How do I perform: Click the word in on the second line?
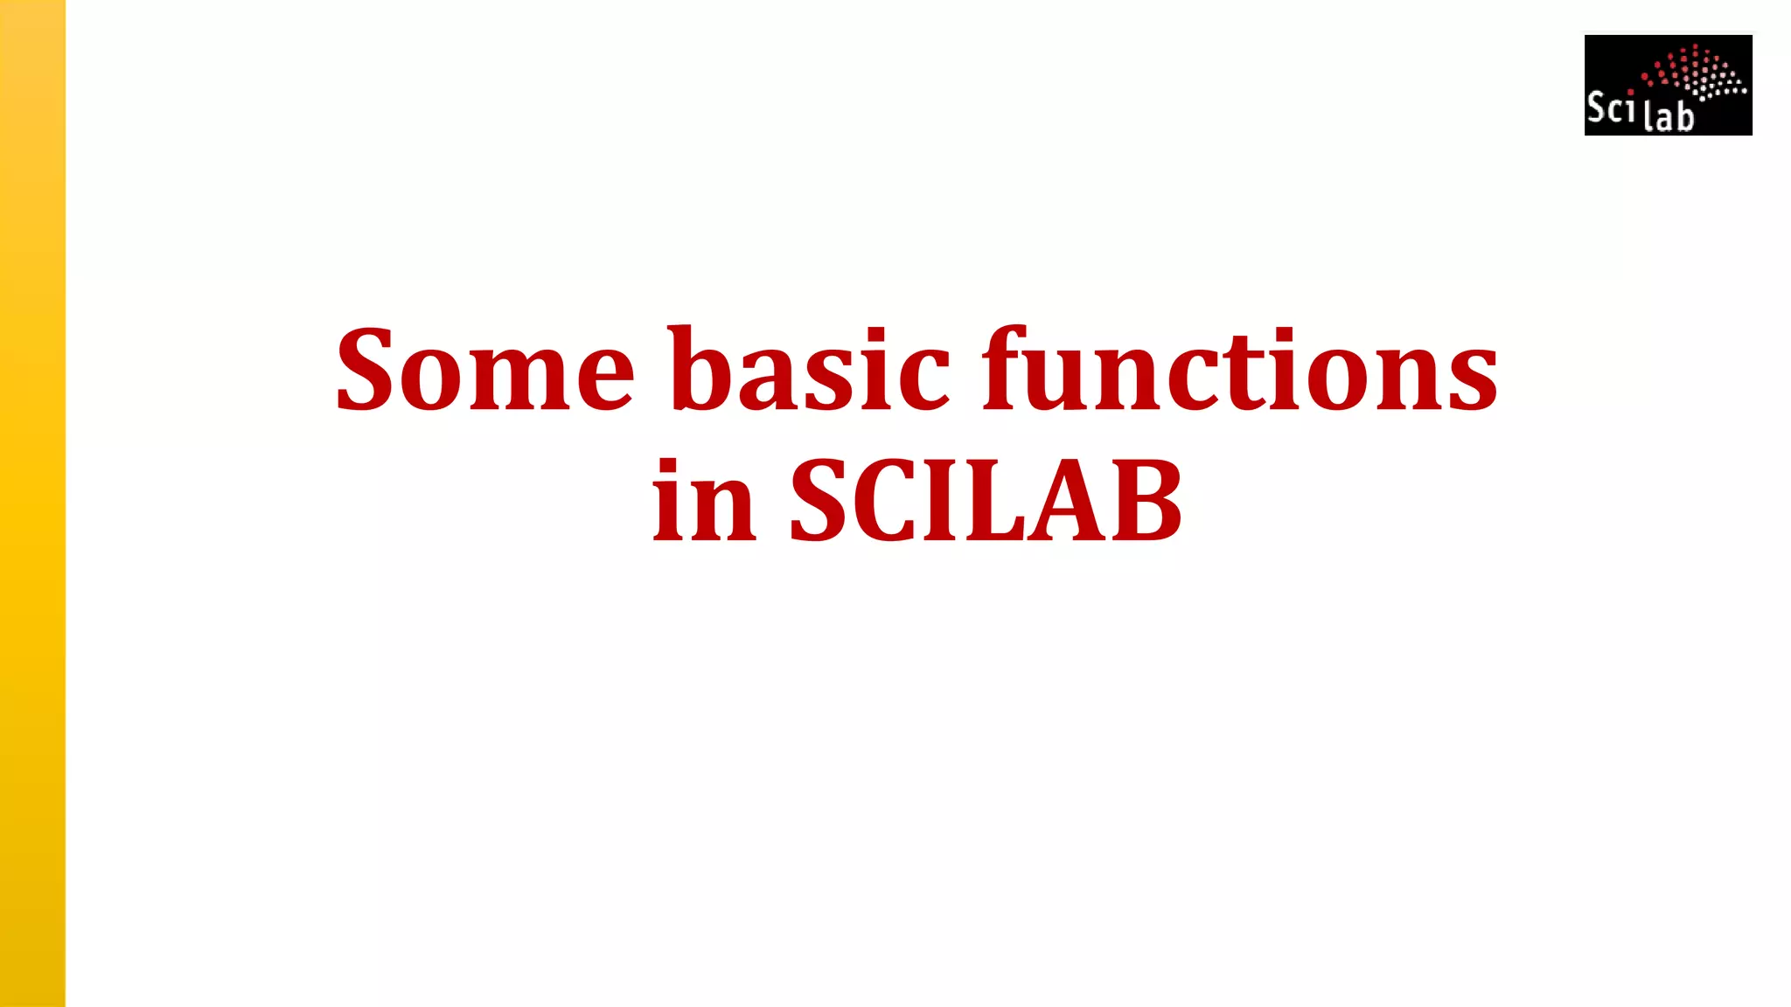pyautogui.click(x=703, y=503)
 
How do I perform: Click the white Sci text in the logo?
pyautogui.click(x=1610, y=108)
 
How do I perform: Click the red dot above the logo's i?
pyautogui.click(x=1631, y=92)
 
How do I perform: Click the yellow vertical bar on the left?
pyautogui.click(x=32, y=503)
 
